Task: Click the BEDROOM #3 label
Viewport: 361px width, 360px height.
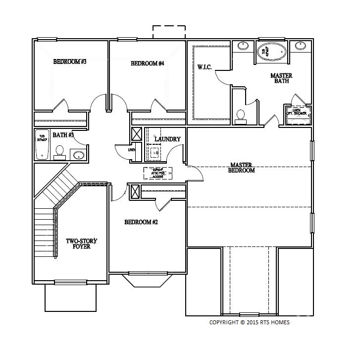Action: click(x=70, y=62)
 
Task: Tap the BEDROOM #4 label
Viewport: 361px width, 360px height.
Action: click(x=147, y=63)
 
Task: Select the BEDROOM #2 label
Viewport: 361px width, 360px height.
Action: click(x=141, y=222)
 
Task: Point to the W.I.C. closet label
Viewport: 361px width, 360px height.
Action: click(x=205, y=67)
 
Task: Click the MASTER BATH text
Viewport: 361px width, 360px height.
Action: click(x=281, y=78)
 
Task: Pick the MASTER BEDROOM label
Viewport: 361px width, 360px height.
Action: click(x=241, y=168)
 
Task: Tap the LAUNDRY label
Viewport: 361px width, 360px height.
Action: click(x=167, y=139)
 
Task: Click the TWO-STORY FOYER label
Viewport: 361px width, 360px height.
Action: click(x=82, y=243)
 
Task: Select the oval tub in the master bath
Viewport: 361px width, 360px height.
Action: click(x=271, y=52)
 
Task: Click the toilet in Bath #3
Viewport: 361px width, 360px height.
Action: click(x=59, y=151)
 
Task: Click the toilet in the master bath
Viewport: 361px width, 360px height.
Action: click(x=241, y=116)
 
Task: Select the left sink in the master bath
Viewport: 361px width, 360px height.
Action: click(x=243, y=47)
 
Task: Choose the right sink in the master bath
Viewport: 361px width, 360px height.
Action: click(x=301, y=46)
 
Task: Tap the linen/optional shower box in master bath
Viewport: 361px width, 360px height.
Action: click(x=298, y=113)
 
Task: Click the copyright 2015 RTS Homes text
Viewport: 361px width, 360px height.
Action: click(x=250, y=322)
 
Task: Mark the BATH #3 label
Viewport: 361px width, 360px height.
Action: click(x=63, y=135)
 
